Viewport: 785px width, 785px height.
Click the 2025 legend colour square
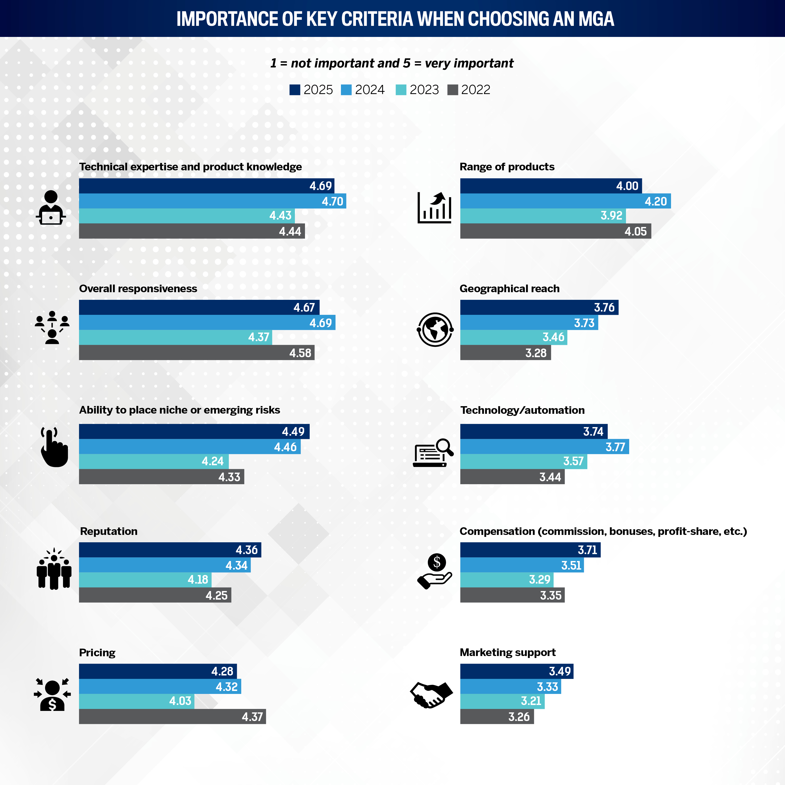tap(295, 90)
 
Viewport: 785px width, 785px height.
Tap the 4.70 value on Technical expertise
tap(332, 201)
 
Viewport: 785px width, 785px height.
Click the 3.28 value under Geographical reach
tap(536, 353)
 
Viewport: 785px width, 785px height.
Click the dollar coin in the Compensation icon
tap(437, 562)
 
